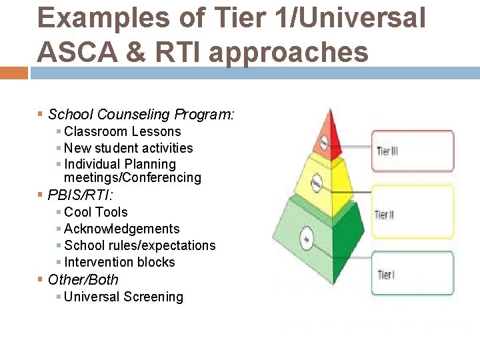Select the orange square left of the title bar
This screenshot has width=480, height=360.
pyautogui.click(x=13, y=73)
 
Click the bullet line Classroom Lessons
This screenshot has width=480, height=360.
pyautogui.click(x=122, y=132)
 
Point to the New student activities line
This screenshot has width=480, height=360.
pyautogui.click(x=128, y=148)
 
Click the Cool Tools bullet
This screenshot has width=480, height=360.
pyautogui.click(x=95, y=212)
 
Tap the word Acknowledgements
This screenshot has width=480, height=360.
pyautogui.click(x=122, y=229)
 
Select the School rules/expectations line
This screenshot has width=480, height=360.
pyautogui.click(x=139, y=245)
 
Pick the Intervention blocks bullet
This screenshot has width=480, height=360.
pyautogui.click(x=119, y=262)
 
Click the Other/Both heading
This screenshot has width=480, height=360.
pyautogui.click(x=83, y=280)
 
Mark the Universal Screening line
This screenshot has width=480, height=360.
pyautogui.click(x=123, y=297)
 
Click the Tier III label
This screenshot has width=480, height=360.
pyautogui.click(x=387, y=151)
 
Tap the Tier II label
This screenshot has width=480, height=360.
pyautogui.click(x=385, y=215)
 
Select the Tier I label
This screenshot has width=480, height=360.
pyautogui.click(x=385, y=274)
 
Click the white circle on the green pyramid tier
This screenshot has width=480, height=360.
pyautogui.click(x=307, y=239)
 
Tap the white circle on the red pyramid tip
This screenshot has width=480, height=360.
pyautogui.click(x=323, y=142)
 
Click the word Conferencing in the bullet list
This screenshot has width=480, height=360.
pyautogui.click(x=167, y=178)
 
